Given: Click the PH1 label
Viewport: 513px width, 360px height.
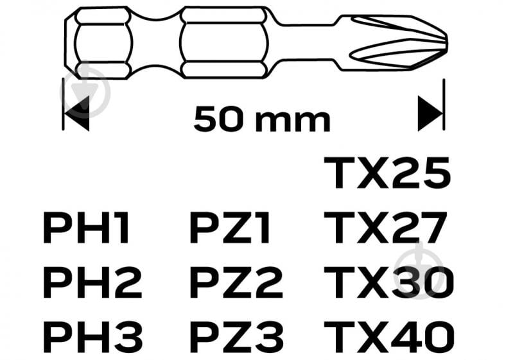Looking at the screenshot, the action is coord(86,228).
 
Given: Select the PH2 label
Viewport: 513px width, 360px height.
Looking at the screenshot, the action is coord(92,282).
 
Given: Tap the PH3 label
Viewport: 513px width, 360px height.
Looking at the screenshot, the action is coord(93,337).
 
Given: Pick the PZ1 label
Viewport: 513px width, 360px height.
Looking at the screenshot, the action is coord(230,228).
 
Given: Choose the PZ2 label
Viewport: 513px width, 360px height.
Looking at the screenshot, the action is coord(236,282).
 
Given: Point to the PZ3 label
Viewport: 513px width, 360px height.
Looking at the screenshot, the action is coord(236,337).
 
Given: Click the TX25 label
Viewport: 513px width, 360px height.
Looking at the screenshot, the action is coord(387,173).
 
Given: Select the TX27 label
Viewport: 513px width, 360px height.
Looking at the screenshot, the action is coord(386,228).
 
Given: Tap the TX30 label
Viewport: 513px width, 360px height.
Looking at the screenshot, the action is coord(389,282).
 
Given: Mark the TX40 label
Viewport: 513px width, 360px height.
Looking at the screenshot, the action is coord(389,337).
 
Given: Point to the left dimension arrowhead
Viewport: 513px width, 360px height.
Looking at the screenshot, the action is coord(77,114).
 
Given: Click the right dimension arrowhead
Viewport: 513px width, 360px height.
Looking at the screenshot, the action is coord(430,114).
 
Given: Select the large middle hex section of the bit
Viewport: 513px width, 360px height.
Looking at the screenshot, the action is coord(225,42).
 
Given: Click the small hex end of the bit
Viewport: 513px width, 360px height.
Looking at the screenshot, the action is coord(98,42).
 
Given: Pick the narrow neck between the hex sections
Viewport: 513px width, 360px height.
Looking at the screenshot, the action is coord(157,42).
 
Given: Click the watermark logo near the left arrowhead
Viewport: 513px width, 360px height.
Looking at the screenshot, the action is coord(86,92).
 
